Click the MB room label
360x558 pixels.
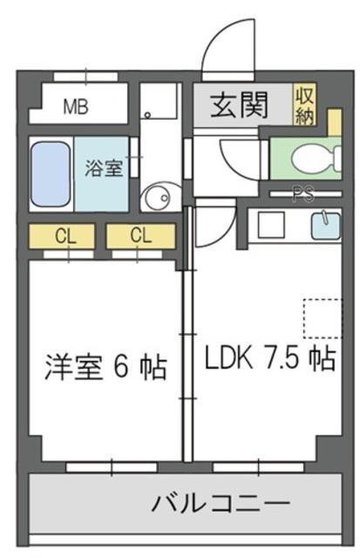[76, 106]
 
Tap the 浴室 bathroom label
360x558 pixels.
[104, 168]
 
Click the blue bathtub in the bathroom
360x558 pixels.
[51, 174]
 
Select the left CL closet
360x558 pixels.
[62, 235]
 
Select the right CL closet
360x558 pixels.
[141, 235]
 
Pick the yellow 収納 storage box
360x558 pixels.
[304, 105]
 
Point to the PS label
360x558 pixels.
[303, 194]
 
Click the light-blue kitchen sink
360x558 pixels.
[326, 226]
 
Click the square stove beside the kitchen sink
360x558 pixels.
[271, 225]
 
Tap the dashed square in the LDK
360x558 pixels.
[323, 318]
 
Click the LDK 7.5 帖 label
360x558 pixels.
[270, 359]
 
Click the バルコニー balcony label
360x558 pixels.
[221, 503]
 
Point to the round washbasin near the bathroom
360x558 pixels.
[159, 197]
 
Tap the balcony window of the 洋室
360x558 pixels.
[112, 467]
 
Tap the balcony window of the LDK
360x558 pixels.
[259, 467]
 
